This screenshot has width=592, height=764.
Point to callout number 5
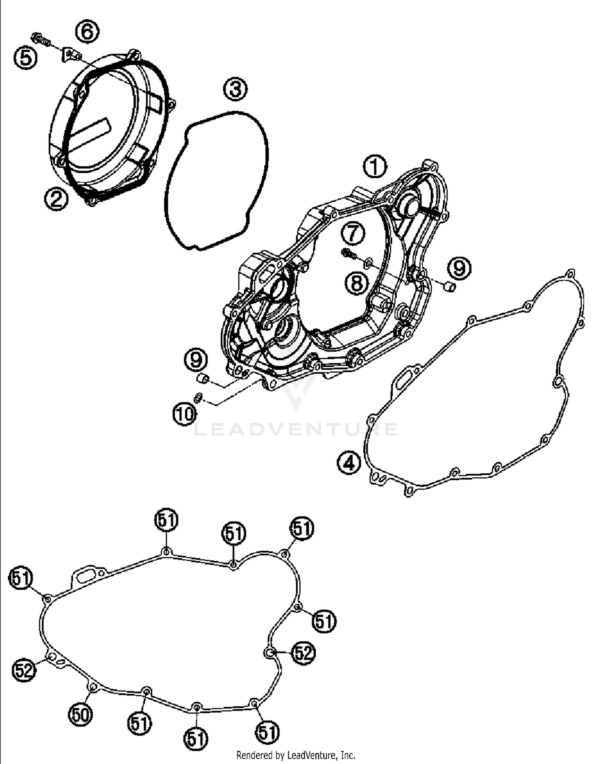(26, 58)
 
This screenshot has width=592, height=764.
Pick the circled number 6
(87, 32)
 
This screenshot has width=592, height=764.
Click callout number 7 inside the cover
(353, 233)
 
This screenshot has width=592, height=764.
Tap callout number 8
(357, 282)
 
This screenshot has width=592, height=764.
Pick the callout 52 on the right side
(303, 653)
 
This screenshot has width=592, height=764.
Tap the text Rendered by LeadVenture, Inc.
(296, 755)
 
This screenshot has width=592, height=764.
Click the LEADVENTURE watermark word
(296, 429)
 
